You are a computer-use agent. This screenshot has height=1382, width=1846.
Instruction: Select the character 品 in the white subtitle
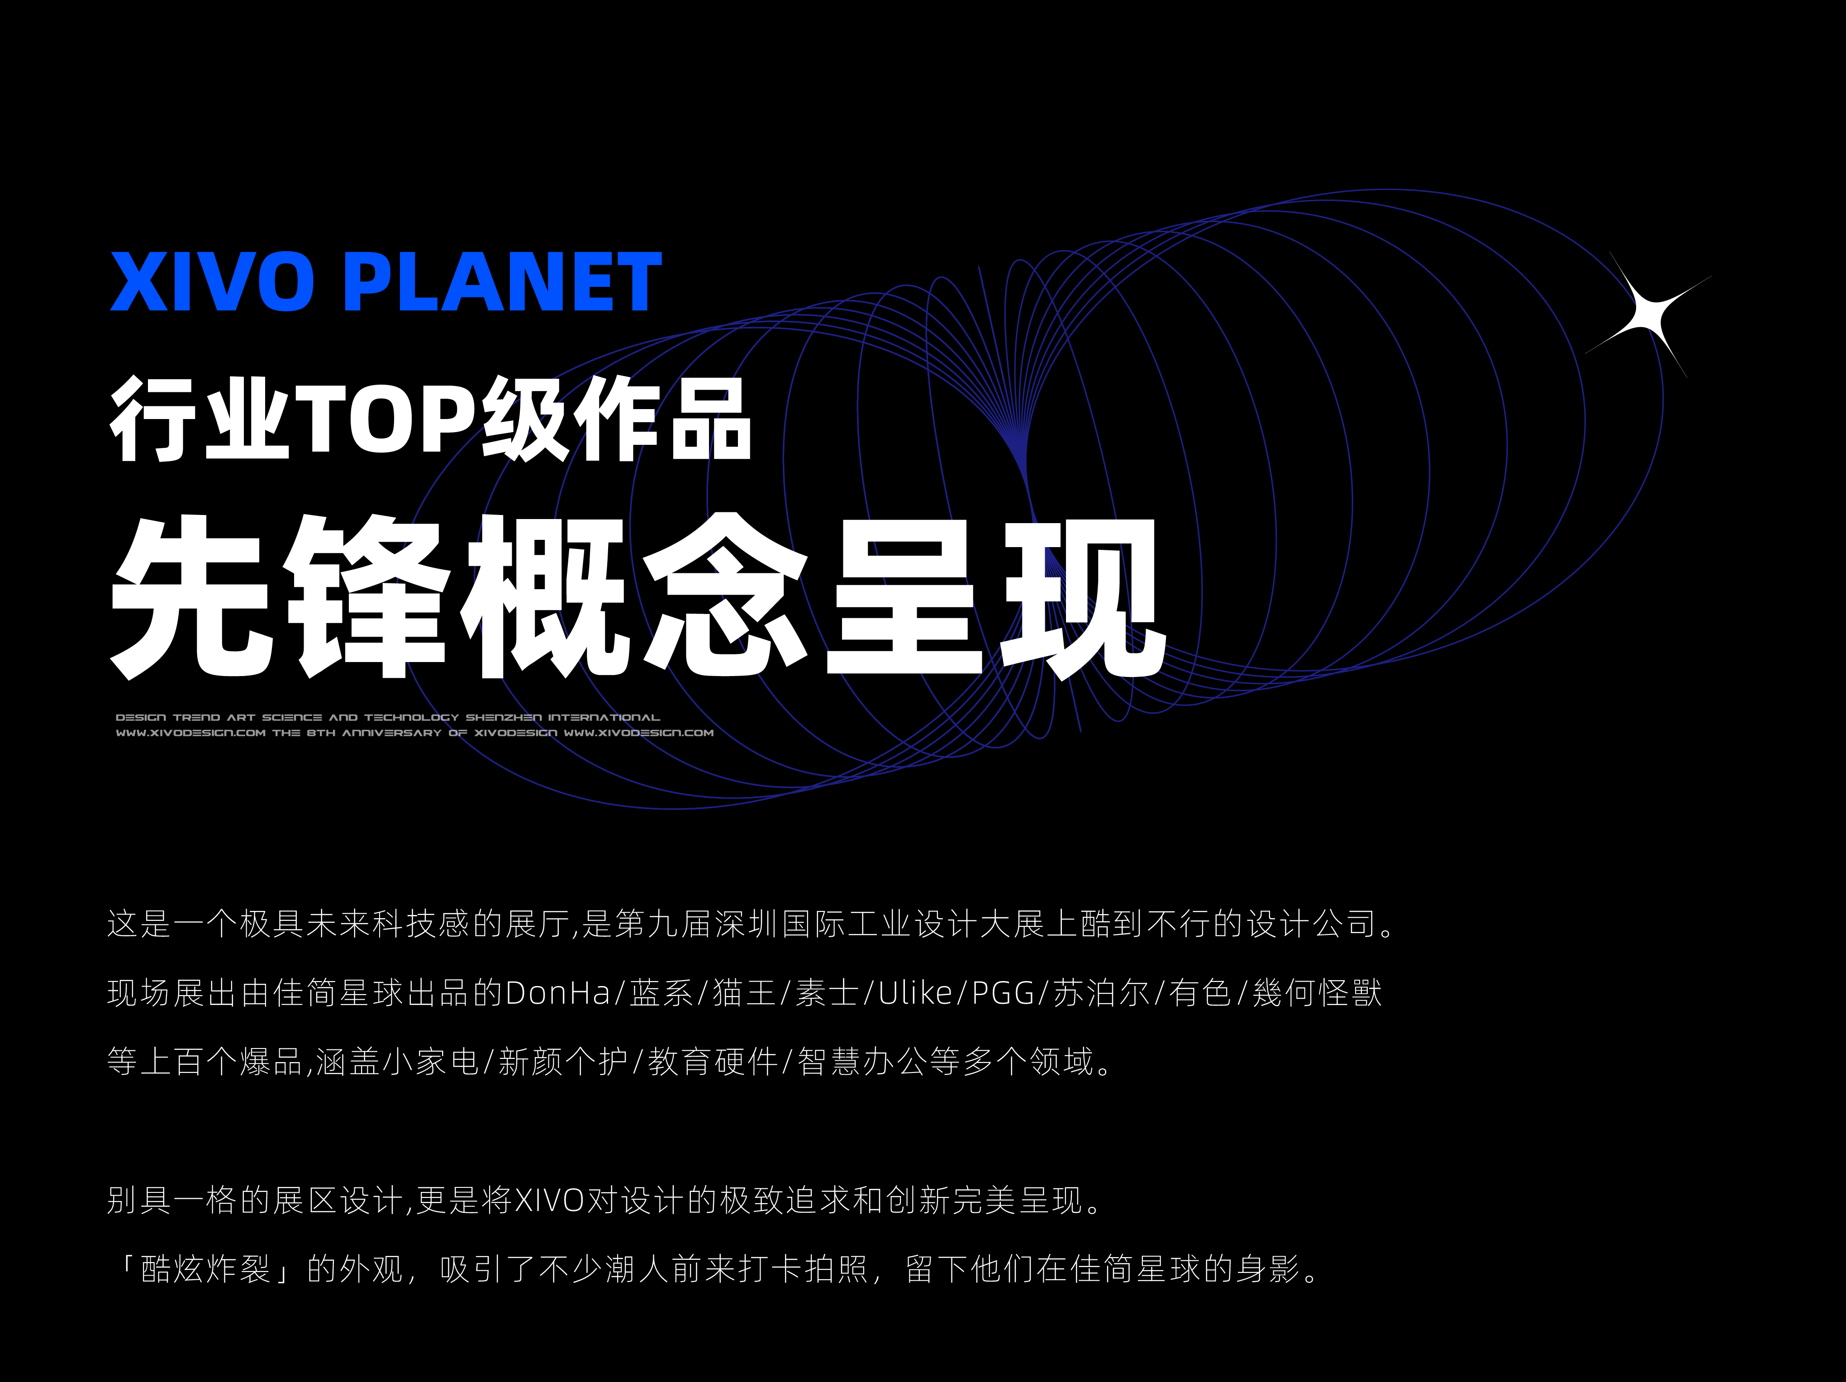tap(712, 417)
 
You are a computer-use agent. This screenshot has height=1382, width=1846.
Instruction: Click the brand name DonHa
tap(557, 993)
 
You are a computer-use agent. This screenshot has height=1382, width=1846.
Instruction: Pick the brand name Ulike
tap(915, 993)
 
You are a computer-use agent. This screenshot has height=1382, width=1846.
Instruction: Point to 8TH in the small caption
tap(320, 733)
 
